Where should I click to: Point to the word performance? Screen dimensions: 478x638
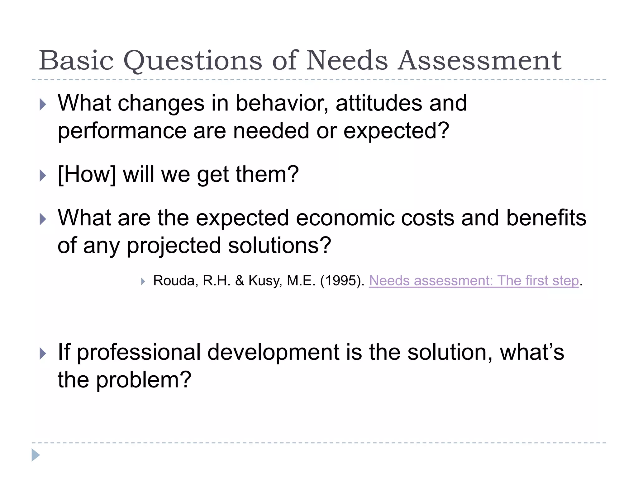(121, 131)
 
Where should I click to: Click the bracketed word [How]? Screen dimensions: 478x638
(87, 175)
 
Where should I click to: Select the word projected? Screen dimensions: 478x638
(174, 246)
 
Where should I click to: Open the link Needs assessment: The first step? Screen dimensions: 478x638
(474, 281)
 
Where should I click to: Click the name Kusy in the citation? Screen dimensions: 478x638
(265, 281)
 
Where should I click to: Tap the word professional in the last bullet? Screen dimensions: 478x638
(138, 353)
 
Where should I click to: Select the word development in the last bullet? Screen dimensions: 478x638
(273, 353)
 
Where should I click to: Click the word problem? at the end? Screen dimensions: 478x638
(143, 380)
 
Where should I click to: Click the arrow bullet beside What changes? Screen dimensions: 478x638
(43, 105)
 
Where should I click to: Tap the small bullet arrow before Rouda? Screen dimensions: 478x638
(143, 282)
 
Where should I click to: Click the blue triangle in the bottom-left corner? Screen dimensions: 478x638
(36, 455)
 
